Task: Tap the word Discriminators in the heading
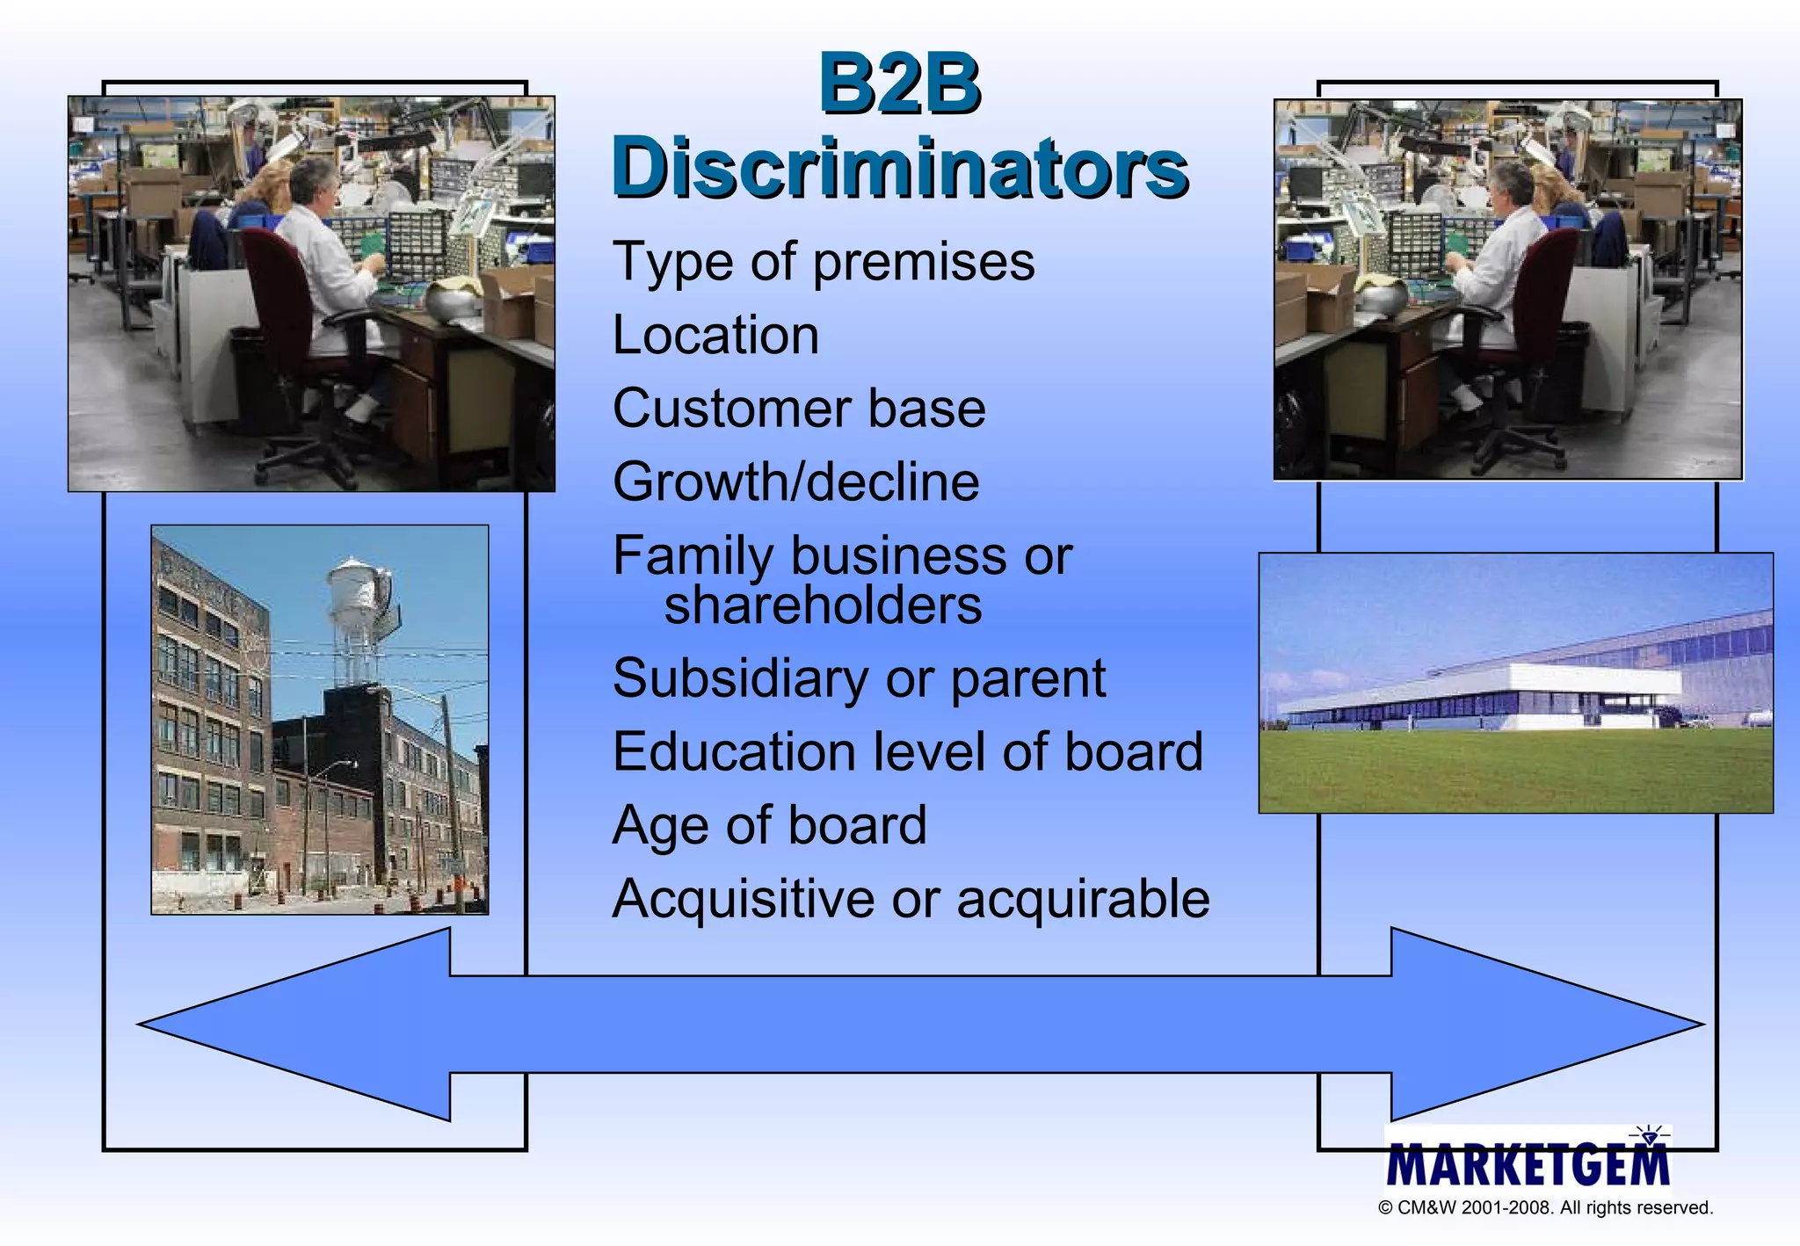900,167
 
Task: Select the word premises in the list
924,263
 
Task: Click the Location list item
715,335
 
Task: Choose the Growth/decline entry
795,482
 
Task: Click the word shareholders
823,605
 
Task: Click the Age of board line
769,826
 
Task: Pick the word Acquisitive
743,899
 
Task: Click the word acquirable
1083,899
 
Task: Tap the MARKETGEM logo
1528,1165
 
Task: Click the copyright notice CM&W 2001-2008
1545,1208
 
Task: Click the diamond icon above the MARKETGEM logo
1649,1137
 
